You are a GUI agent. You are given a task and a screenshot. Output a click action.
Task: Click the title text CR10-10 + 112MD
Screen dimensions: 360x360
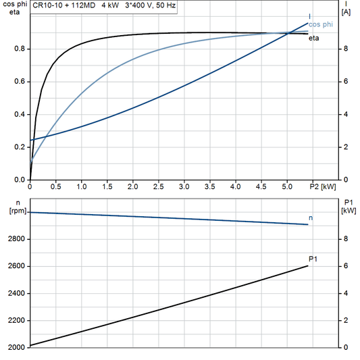63,5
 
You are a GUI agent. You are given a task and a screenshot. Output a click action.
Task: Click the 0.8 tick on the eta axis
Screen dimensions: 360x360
20,49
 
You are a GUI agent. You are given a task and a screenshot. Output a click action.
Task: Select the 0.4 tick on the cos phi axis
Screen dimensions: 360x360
20,115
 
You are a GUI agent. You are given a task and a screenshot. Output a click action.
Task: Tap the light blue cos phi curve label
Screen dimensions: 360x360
321,24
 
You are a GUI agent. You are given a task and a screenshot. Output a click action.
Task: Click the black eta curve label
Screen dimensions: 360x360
314,38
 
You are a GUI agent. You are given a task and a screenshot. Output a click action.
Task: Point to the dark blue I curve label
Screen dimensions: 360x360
310,16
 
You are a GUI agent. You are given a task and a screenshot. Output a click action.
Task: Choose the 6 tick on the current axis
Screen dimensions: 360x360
345,82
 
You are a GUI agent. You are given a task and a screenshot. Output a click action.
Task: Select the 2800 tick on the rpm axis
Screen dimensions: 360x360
15,239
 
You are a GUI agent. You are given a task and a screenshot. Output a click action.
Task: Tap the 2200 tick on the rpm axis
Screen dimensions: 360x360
15,320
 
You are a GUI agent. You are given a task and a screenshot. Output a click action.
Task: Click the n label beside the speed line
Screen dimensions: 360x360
311,217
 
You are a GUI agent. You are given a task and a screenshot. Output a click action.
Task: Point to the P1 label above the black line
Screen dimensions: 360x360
313,258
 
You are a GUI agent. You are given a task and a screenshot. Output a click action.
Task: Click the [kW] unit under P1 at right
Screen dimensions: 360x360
349,211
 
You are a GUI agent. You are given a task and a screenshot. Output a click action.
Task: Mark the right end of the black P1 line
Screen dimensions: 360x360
308,265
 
